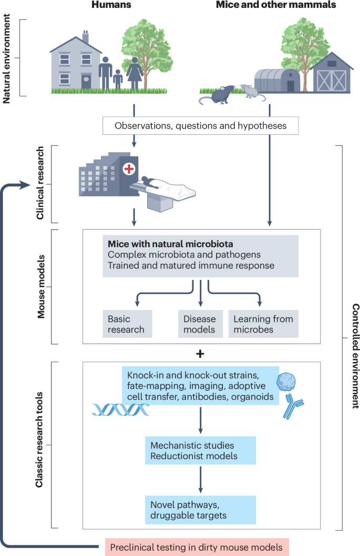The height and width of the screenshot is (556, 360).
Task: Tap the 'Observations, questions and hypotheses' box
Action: pyautogui.click(x=200, y=126)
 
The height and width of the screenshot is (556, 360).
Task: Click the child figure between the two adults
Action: pyautogui.click(x=117, y=79)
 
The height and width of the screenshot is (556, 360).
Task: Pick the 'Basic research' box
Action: pyautogui.click(x=127, y=324)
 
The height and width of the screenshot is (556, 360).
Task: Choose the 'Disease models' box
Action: pyautogui.click(x=200, y=324)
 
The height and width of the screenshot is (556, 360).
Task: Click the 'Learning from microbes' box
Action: pyautogui.click(x=263, y=324)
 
